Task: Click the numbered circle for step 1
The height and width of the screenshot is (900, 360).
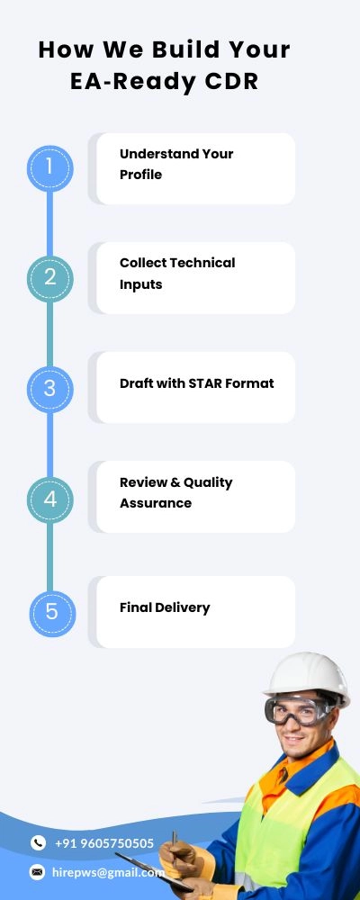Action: (50, 168)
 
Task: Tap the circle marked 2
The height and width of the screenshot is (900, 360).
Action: (50, 278)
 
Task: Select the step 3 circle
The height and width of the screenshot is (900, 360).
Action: (50, 389)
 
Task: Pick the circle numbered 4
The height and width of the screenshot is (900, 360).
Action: (50, 499)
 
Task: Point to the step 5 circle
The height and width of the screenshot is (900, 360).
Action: (52, 613)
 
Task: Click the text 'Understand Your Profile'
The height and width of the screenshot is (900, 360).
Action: (176, 164)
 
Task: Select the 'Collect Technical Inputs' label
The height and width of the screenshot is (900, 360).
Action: (177, 274)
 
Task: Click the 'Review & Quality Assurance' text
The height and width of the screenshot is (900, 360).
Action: (175, 492)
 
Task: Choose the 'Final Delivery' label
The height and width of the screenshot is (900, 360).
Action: (165, 607)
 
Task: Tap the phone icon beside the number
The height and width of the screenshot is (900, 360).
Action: (38, 842)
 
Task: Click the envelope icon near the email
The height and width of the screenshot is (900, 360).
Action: (37, 872)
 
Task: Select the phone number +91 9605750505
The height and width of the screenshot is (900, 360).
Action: (103, 843)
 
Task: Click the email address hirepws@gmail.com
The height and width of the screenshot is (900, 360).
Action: (109, 872)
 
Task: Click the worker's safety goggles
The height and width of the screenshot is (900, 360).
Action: (296, 711)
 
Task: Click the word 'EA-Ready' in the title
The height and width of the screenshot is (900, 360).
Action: (132, 82)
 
